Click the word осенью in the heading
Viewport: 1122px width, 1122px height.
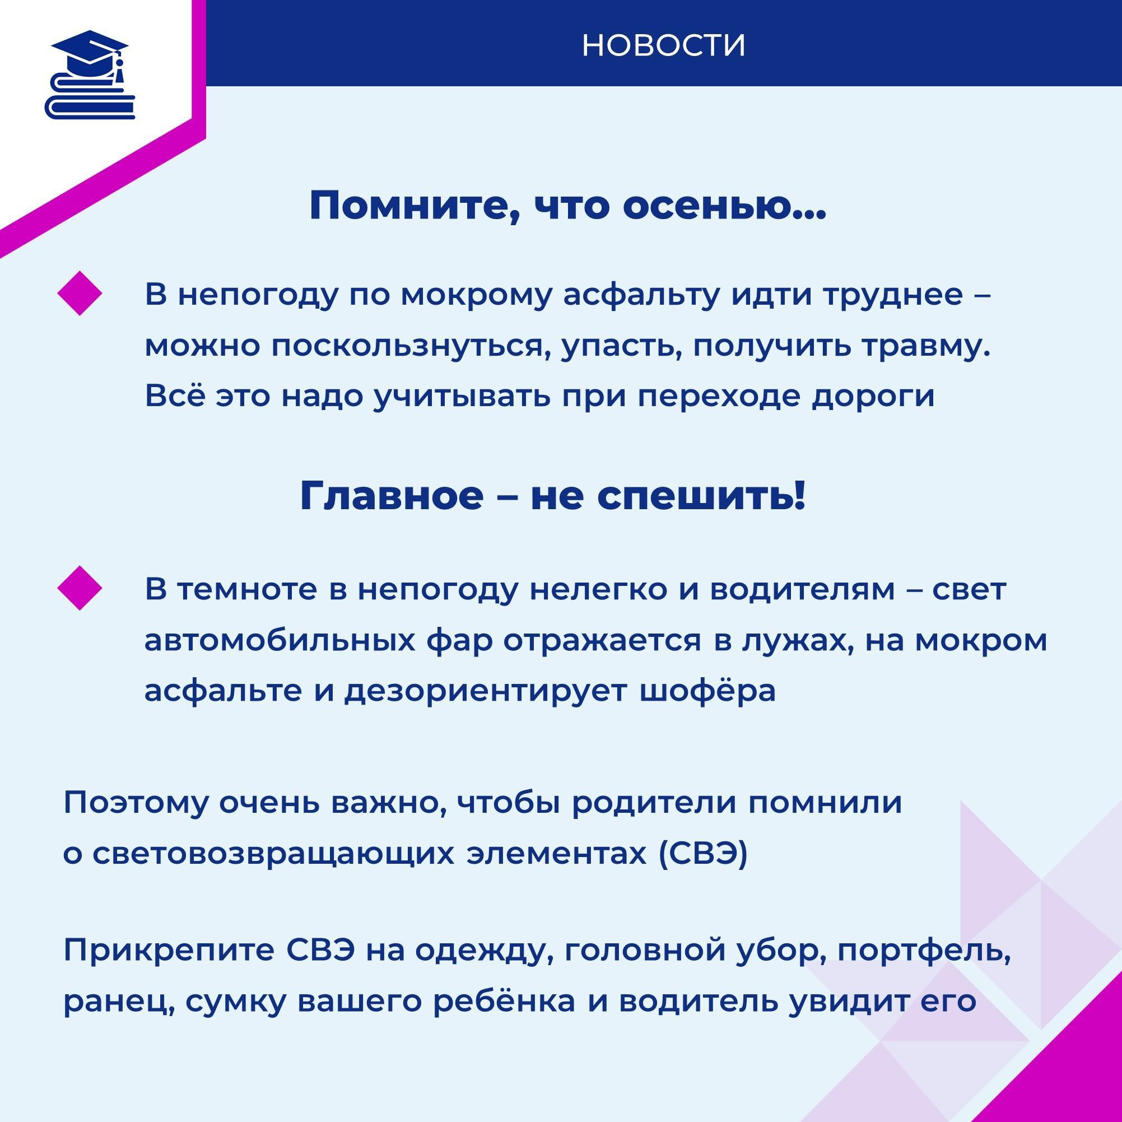(724, 206)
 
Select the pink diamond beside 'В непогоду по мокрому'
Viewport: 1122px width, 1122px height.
(80, 294)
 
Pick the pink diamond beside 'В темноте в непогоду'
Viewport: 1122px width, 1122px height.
(80, 588)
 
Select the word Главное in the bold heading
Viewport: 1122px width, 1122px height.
(392, 496)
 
